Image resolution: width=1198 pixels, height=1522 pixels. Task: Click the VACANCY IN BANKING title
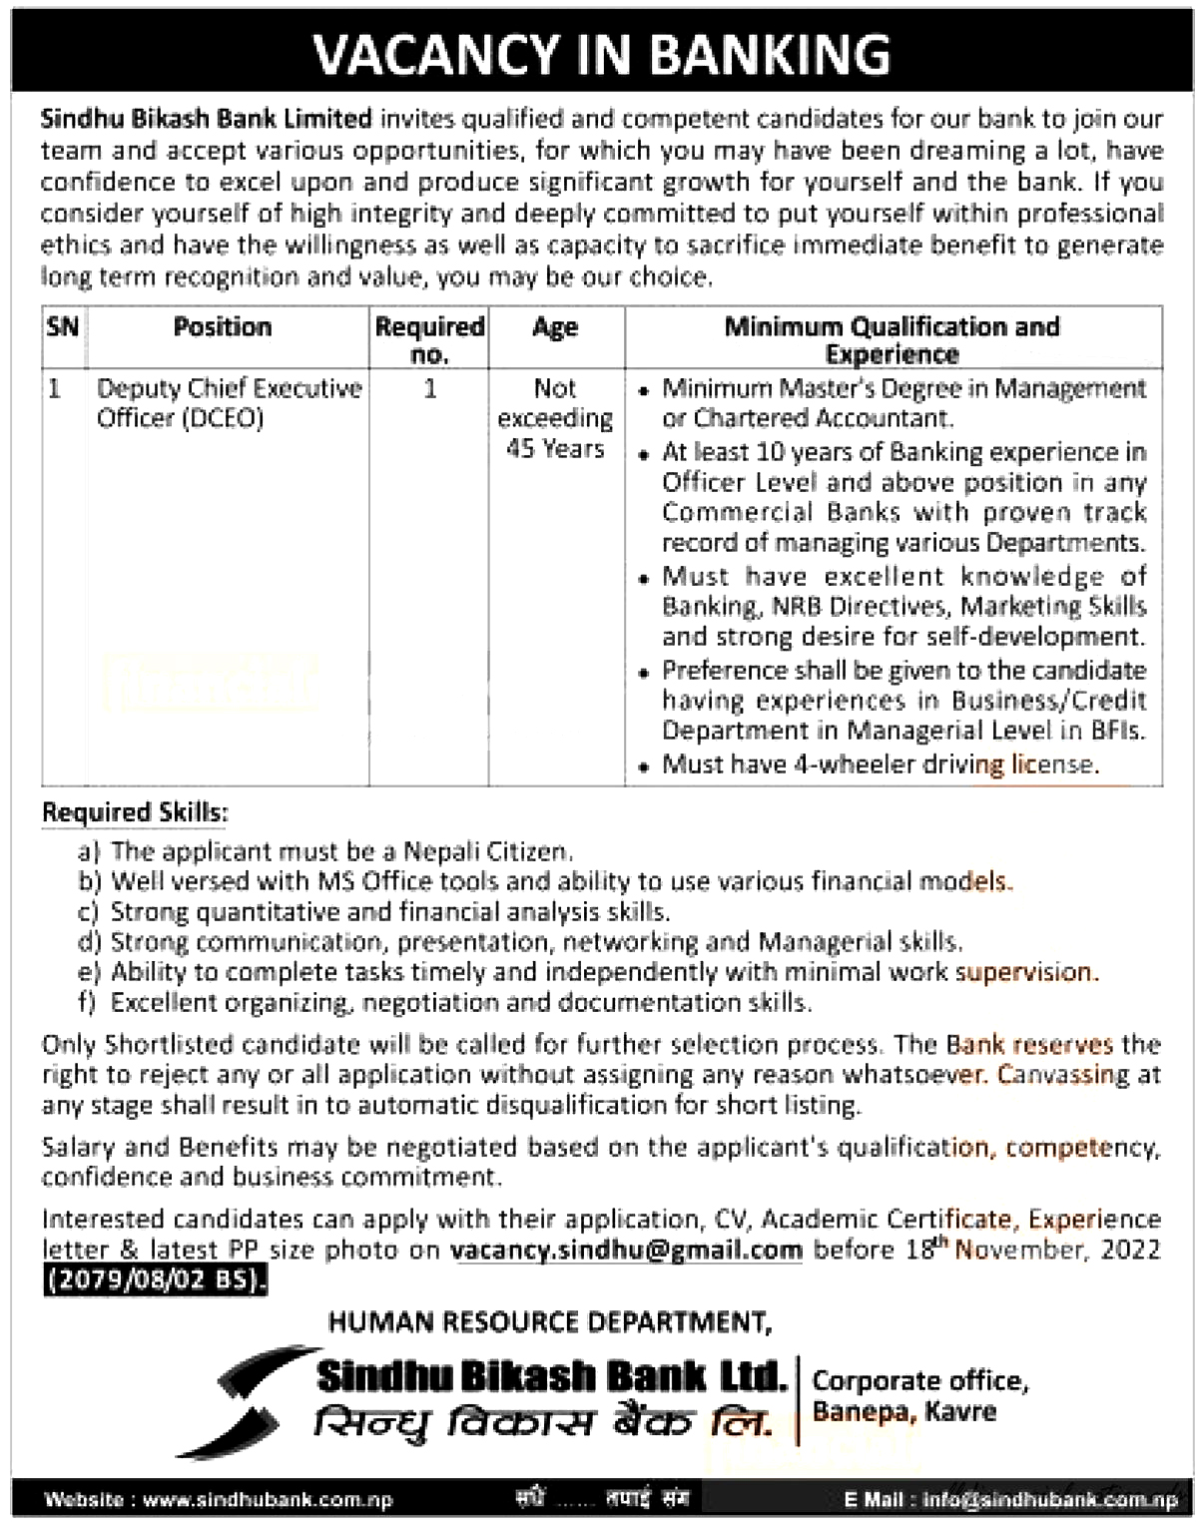601,54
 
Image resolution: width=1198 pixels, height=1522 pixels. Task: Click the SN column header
62,327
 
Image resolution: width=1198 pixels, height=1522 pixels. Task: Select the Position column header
223,327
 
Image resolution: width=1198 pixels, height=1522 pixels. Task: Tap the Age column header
555,327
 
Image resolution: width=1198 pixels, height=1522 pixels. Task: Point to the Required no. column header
429,339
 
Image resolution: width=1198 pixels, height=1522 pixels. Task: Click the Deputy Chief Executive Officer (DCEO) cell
229,402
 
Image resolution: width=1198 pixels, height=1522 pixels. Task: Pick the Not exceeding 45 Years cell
555,418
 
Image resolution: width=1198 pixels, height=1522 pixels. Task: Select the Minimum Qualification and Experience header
892,339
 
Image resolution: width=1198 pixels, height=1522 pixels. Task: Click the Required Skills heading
135,813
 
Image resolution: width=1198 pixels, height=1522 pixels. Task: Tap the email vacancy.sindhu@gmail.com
626,1250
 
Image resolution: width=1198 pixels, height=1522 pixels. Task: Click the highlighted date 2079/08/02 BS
155,1279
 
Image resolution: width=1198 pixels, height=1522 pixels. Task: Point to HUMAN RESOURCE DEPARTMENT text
549,1322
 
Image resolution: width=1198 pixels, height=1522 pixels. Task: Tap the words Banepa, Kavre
903,1412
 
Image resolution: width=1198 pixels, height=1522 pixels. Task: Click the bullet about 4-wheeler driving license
880,764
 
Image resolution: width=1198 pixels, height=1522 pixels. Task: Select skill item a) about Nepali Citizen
325,851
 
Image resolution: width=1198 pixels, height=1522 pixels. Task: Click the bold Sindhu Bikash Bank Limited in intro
206,119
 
